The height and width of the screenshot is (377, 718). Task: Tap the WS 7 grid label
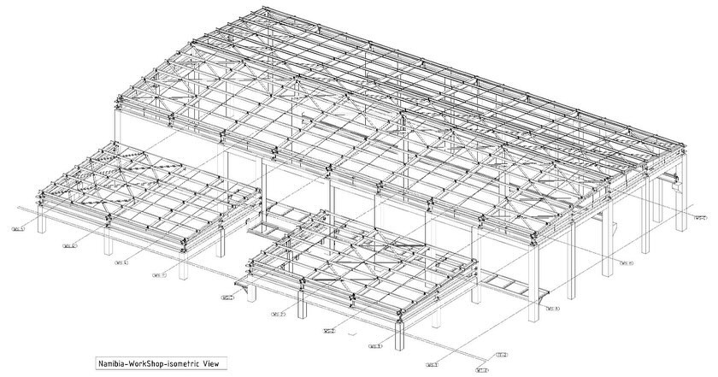pos(159,275)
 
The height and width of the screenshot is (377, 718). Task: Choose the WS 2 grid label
pos(279,315)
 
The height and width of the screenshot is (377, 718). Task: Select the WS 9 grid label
pos(627,263)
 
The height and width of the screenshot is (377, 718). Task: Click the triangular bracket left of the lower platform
pos(247,292)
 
